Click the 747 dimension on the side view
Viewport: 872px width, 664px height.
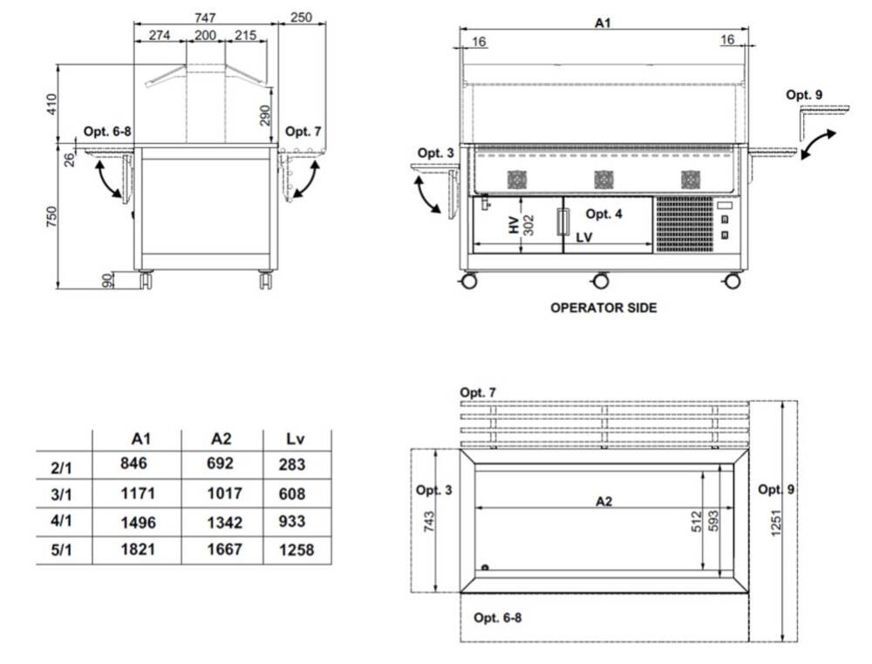point(205,17)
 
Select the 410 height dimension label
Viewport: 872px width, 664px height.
point(51,104)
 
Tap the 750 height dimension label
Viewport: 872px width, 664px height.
point(51,217)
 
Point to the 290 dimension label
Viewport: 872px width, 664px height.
point(265,116)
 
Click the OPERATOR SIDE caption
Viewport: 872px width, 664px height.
point(603,308)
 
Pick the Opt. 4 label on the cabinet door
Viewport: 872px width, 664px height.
point(604,213)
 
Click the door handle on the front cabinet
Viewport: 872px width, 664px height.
point(563,222)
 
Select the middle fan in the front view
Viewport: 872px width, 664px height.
point(603,180)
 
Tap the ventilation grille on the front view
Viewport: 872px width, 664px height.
point(685,224)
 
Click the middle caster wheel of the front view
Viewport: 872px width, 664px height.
point(601,281)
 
